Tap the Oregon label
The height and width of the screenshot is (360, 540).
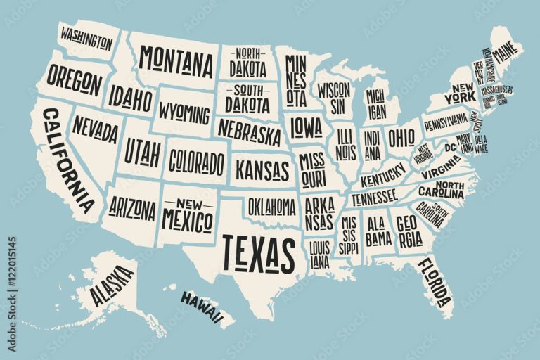click(75, 80)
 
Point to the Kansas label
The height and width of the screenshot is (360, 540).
click(262, 169)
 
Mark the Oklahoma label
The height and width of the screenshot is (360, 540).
click(271, 206)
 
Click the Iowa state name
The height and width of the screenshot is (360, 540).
click(307, 127)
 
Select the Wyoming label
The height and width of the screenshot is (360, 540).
click(184, 113)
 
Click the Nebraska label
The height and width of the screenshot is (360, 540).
click(249, 131)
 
